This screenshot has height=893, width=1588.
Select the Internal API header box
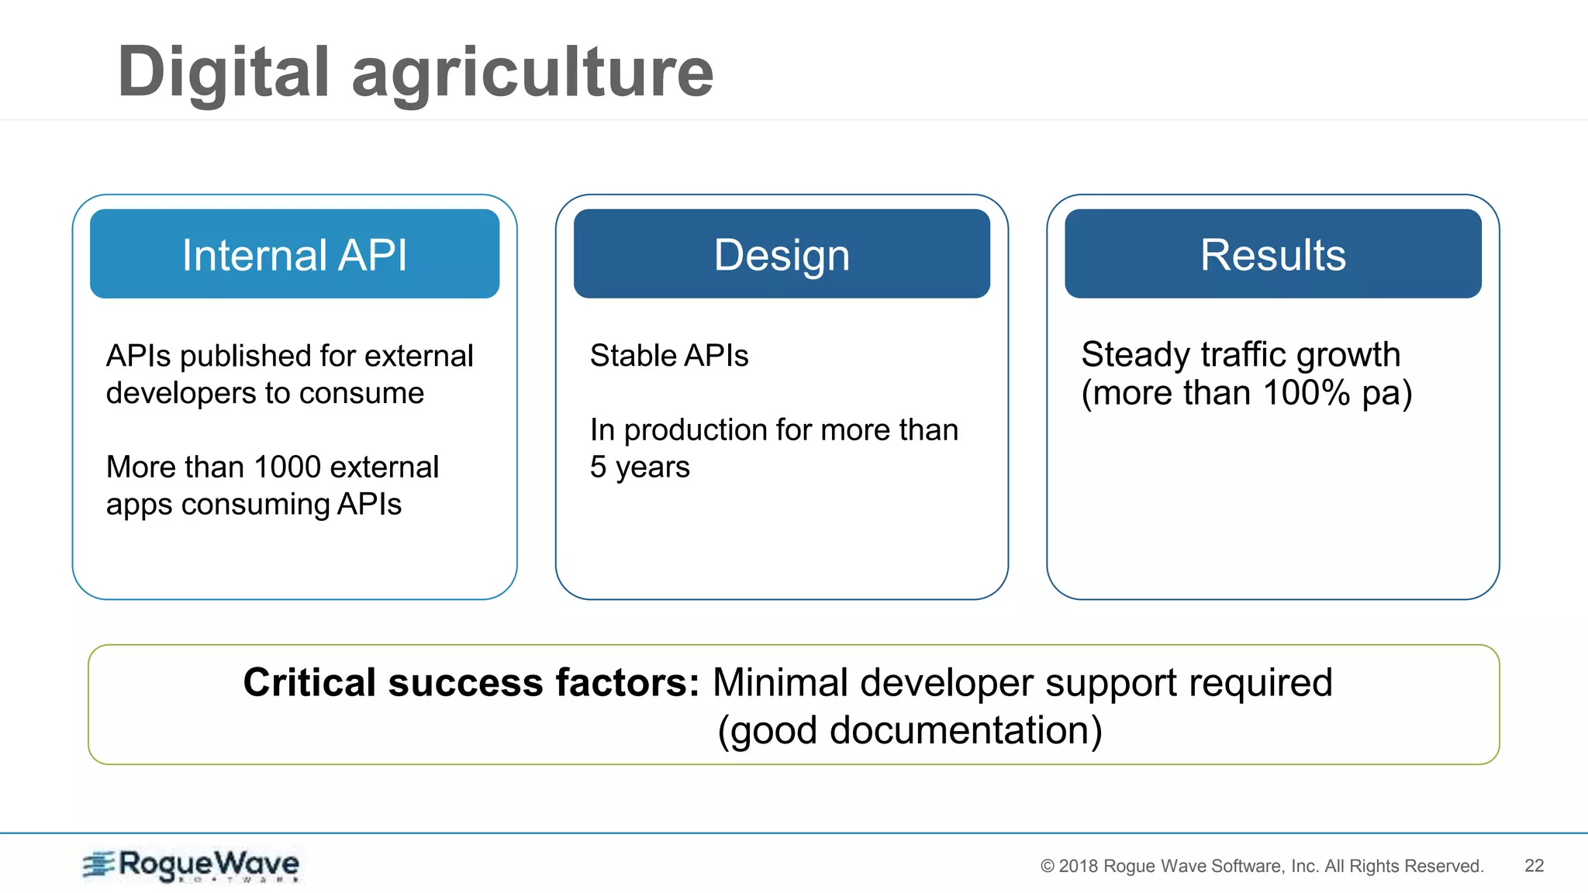coord(294,254)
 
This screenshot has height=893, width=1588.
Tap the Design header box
coord(782,254)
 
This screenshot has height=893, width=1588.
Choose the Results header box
coord(1272,254)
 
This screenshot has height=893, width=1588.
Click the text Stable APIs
coord(668,356)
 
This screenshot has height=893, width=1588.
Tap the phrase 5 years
coord(639,467)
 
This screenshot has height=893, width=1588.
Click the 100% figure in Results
coord(1307,393)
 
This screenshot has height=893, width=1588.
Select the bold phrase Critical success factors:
coord(471,683)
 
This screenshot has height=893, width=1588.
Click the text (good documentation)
coord(909,731)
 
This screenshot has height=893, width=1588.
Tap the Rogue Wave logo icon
coord(98,864)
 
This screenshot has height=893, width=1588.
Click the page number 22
coord(1534,866)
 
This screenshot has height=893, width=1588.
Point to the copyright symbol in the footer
coord(1047,867)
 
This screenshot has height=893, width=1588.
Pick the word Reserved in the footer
coord(1444,867)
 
